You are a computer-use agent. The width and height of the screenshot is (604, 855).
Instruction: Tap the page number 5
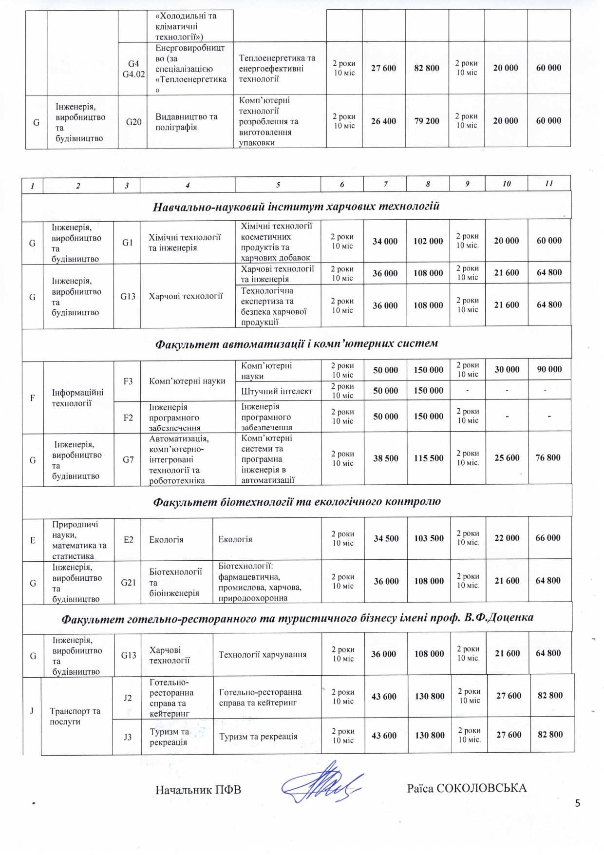(578, 803)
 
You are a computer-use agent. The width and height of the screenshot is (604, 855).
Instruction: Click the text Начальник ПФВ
(198, 790)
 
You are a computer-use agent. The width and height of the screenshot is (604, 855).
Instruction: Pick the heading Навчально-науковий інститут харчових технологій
(296, 207)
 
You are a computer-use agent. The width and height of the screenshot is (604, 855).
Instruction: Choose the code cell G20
(133, 121)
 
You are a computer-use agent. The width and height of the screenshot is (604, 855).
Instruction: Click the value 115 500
(429, 458)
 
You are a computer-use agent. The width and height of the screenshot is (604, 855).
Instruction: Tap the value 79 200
(427, 121)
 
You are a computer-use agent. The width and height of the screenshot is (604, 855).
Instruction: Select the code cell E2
(129, 539)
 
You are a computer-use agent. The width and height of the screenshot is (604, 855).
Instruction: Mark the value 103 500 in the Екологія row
(429, 538)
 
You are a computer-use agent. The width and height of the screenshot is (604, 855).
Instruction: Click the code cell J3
(128, 737)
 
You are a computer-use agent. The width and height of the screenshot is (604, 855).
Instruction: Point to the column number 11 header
(549, 184)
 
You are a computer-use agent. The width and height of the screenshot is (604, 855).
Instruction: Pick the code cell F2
(128, 418)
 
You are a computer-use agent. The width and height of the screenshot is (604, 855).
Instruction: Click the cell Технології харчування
(263, 654)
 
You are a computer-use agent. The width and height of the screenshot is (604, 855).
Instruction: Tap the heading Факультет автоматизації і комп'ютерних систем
(296, 343)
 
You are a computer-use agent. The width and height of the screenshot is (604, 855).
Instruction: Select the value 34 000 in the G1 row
(385, 241)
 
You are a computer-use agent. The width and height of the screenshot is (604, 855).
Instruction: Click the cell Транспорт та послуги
(75, 716)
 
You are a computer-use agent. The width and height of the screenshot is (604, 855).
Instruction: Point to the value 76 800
(548, 457)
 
